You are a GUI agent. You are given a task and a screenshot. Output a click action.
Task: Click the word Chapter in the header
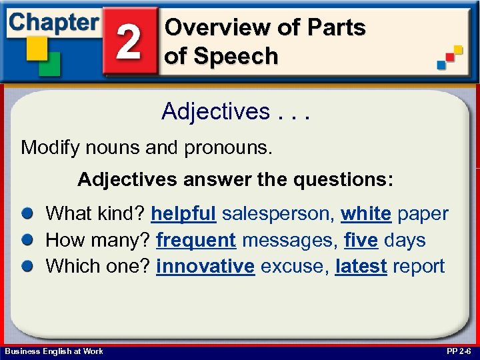pyautogui.click(x=53, y=22)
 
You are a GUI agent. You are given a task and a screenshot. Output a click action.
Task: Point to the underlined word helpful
pyautogui.click(x=183, y=214)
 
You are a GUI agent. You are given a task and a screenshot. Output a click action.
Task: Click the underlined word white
pyautogui.click(x=365, y=214)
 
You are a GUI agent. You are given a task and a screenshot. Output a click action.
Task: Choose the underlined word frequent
pyautogui.click(x=195, y=240)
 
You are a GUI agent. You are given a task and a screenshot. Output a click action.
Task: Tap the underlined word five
pyautogui.click(x=360, y=240)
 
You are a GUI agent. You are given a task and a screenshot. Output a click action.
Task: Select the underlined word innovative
pyautogui.click(x=205, y=266)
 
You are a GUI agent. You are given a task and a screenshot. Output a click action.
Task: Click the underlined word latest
pyautogui.click(x=361, y=266)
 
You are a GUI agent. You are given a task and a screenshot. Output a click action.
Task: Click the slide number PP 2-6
pyautogui.click(x=457, y=351)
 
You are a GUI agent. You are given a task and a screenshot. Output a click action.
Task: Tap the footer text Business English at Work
pyautogui.click(x=54, y=351)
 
